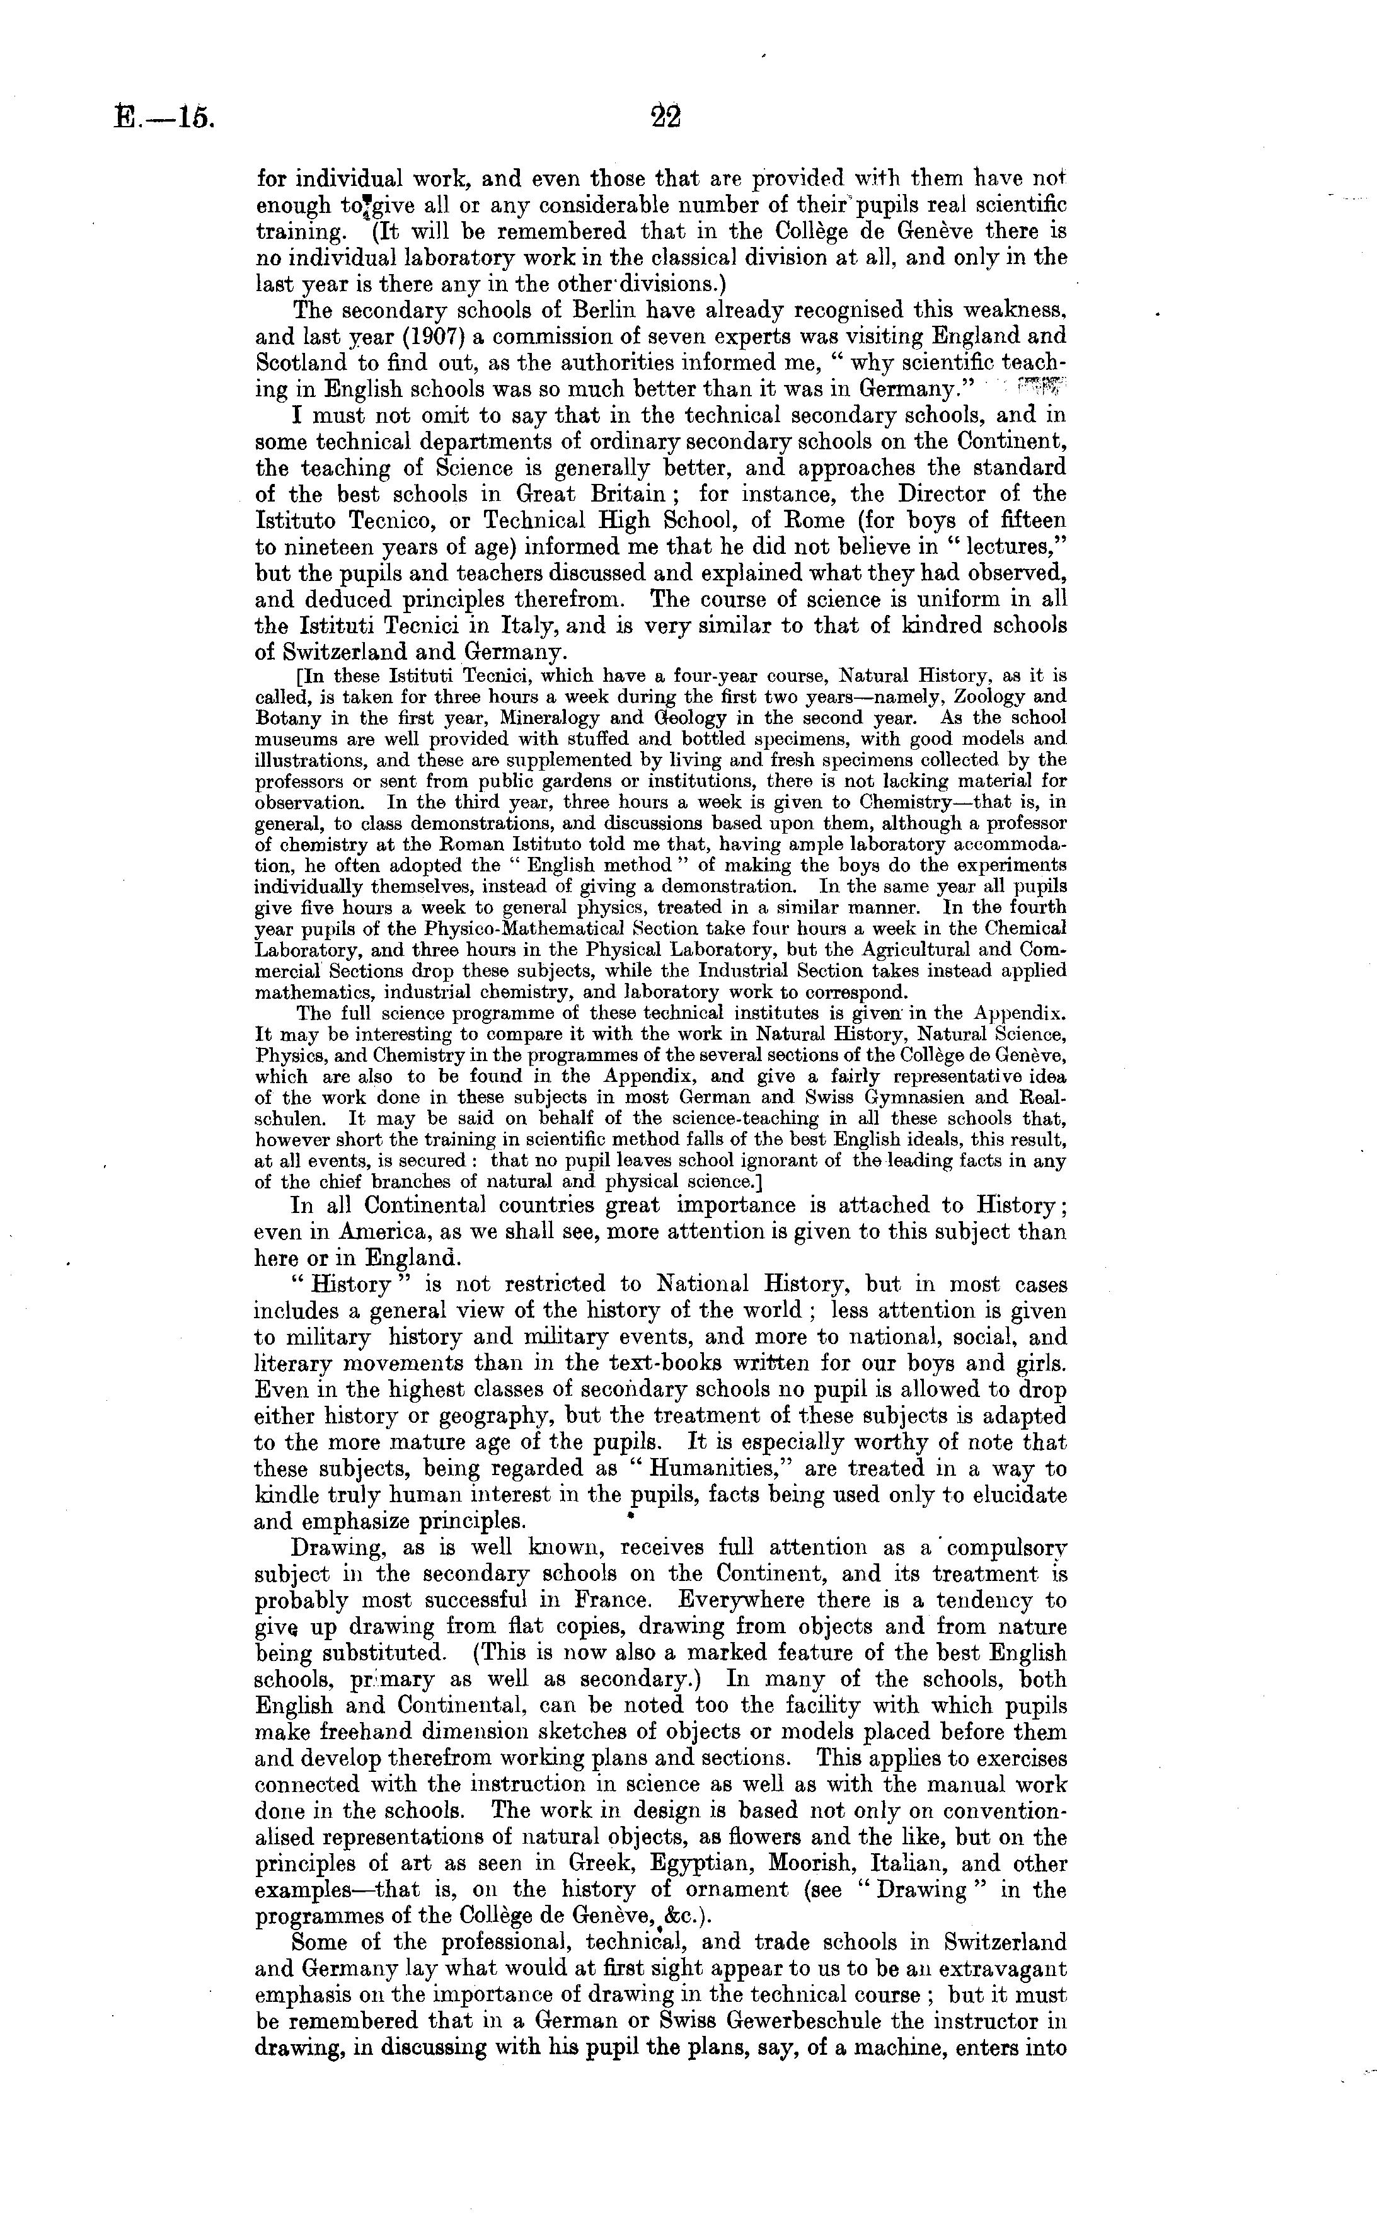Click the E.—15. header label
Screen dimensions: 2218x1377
click(166, 119)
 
